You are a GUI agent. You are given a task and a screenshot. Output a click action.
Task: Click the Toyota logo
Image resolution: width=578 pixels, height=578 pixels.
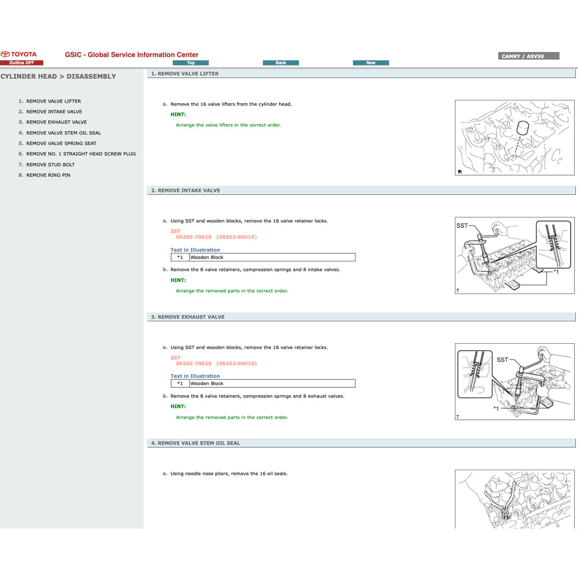(x=19, y=55)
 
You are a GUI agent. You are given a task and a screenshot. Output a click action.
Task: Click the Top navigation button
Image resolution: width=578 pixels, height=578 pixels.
(x=191, y=63)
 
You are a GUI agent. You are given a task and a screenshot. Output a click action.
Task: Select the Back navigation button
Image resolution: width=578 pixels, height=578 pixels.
(x=281, y=63)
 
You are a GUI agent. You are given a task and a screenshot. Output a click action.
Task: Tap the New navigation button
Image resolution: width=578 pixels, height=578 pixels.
(x=371, y=63)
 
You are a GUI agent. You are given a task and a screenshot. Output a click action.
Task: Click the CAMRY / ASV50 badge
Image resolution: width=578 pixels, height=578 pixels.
(x=529, y=56)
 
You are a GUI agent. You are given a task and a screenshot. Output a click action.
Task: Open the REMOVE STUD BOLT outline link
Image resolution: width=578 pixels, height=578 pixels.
(x=50, y=165)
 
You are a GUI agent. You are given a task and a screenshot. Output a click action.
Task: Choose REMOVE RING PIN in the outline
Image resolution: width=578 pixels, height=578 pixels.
(x=48, y=175)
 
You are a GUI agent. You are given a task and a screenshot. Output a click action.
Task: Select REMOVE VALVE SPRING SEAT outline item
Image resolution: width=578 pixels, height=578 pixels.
(x=61, y=143)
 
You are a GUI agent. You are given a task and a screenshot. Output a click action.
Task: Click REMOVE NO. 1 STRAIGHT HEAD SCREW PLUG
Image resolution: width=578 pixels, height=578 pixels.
(x=81, y=154)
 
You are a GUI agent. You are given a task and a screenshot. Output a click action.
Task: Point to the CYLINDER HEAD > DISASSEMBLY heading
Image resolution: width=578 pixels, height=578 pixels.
(x=58, y=76)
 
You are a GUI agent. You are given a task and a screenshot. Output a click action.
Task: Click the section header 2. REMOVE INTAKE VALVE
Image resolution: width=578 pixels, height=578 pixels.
(x=186, y=191)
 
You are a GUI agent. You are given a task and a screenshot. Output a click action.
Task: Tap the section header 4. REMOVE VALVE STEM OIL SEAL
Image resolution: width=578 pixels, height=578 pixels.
(x=195, y=444)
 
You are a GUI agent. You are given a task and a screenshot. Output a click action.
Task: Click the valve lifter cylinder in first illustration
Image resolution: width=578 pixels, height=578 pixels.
(x=523, y=128)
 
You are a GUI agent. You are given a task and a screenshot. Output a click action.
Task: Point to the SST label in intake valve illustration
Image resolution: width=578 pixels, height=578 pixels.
(x=462, y=226)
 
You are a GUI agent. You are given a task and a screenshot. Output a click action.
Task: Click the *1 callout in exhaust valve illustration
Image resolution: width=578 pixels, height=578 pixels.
(x=496, y=409)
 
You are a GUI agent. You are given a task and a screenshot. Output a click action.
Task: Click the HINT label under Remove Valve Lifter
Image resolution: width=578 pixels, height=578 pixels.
(x=178, y=115)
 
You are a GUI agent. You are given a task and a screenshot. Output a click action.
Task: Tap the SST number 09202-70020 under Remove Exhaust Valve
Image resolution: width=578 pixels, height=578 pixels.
(x=194, y=364)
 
